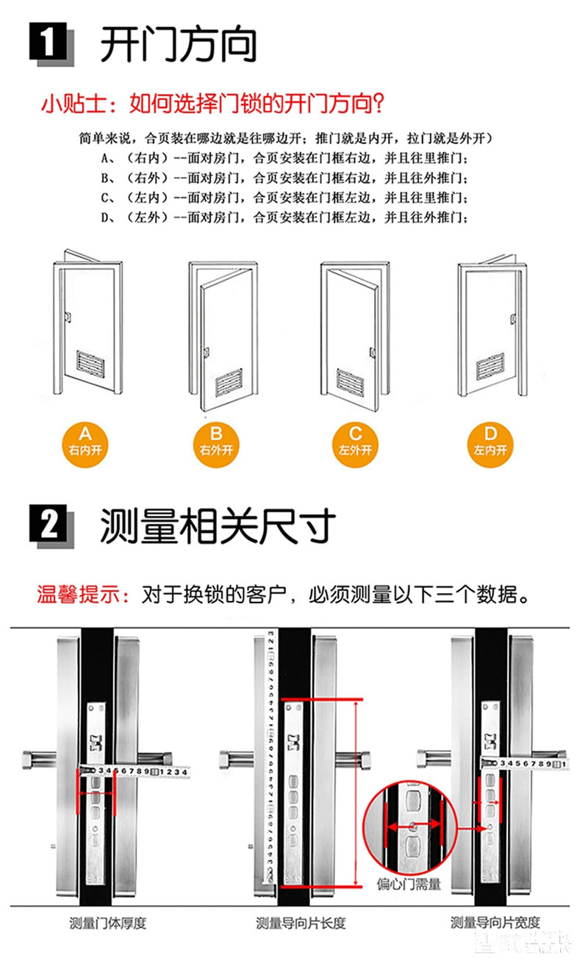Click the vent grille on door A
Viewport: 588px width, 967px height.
[96, 360]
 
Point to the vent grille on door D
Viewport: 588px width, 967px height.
[490, 364]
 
